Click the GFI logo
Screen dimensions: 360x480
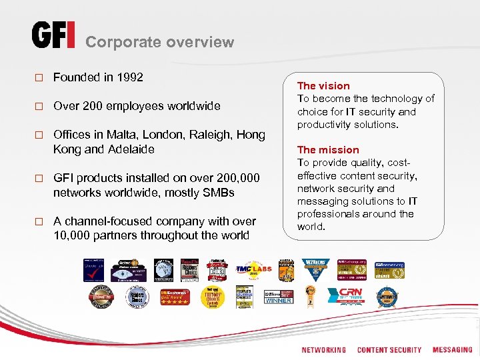click(x=53, y=35)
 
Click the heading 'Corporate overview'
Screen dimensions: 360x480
click(x=160, y=42)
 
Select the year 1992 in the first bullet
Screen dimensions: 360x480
click(x=129, y=77)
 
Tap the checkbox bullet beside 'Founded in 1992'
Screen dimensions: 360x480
click(x=39, y=78)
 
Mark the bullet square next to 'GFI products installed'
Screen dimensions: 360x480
click(x=39, y=179)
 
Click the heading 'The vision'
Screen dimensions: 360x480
click(x=323, y=85)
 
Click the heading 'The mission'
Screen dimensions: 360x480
click(x=328, y=150)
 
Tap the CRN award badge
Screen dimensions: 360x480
click(x=351, y=294)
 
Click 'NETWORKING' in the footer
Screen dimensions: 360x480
click(x=323, y=350)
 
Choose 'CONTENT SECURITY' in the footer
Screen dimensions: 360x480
click(x=389, y=350)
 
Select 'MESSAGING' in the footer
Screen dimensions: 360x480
click(x=452, y=350)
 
